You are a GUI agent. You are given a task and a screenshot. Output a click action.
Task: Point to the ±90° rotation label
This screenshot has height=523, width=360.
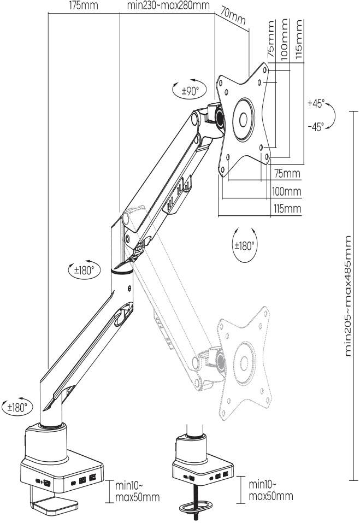pos(190,91)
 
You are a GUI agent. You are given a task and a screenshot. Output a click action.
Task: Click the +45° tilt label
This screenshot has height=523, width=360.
pos(315,103)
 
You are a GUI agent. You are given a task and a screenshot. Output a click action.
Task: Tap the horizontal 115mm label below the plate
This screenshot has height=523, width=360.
pos(287,209)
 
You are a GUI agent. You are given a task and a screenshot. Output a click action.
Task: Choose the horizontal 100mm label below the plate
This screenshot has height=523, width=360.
pos(287,191)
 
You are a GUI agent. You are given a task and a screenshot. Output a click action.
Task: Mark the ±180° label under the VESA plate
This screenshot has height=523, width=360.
pos(244,246)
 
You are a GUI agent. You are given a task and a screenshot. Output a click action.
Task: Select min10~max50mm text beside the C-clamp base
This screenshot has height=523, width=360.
pos(137,491)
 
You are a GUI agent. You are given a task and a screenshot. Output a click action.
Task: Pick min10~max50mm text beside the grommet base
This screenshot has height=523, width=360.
pos(270,490)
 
